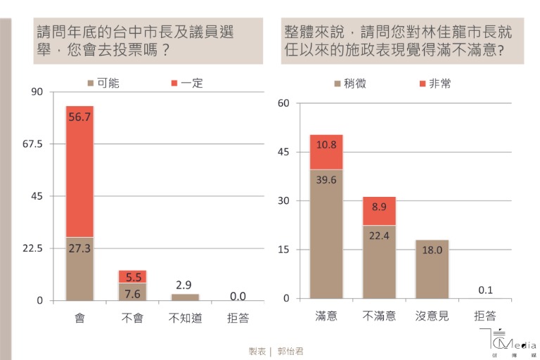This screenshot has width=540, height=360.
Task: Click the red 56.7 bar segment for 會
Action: (79, 172)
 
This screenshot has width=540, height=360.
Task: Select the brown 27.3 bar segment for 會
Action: (79, 269)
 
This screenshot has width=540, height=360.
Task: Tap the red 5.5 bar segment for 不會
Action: (132, 276)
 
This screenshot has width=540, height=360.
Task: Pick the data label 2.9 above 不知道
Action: (185, 285)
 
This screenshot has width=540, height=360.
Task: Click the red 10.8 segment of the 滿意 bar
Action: (326, 152)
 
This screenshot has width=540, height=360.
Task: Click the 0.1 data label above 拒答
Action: (484, 290)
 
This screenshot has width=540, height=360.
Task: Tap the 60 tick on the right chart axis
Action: (283, 103)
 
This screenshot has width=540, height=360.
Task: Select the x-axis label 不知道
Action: (185, 318)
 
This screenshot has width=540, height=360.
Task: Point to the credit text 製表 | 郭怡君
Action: (276, 349)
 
